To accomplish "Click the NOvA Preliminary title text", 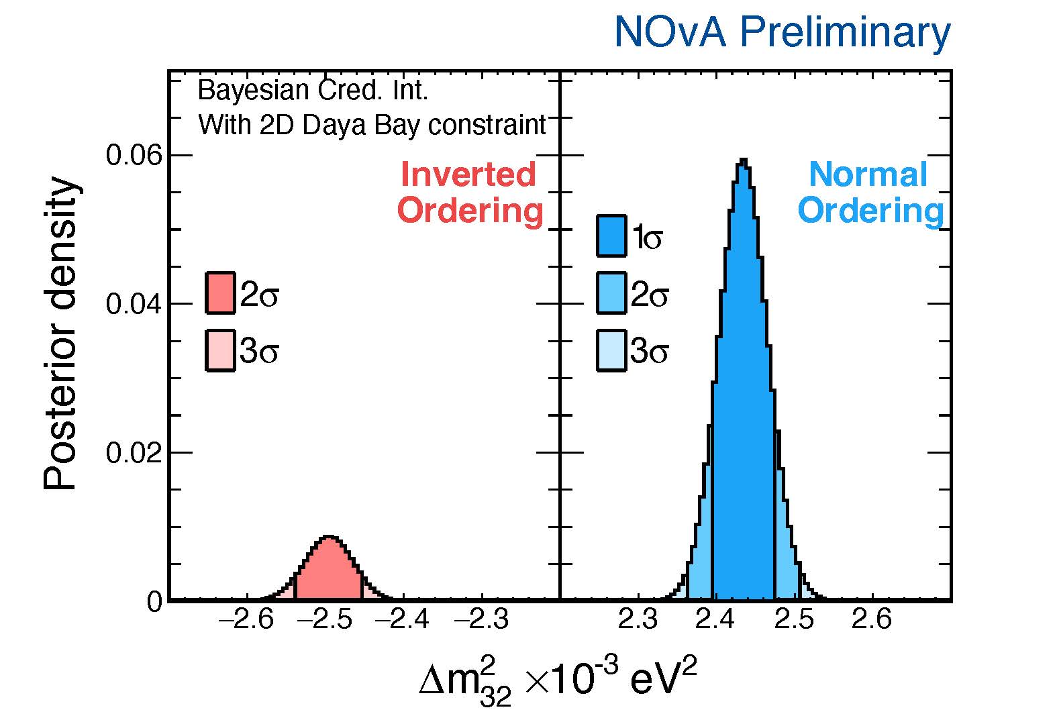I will tap(782, 32).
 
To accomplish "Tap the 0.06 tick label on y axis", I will tap(134, 156).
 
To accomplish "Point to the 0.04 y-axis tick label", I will tap(134, 305).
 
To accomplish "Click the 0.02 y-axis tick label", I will tap(134, 453).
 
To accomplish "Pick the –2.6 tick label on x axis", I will tap(246, 619).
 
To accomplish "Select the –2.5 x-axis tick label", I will tap(323, 619).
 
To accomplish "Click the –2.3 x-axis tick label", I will tap(481, 619).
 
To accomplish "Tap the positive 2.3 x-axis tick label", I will tap(638, 619).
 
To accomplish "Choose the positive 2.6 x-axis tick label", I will tap(871, 619).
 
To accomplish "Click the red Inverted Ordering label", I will tap(470, 193).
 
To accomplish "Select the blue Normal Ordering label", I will tap(870, 193).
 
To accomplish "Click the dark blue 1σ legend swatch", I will tap(611, 236).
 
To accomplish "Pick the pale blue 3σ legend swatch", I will tap(611, 350).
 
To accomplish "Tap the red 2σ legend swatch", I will tap(220, 293).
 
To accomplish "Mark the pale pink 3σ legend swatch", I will tap(220, 350).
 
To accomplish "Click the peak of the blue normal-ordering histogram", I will tap(743, 161).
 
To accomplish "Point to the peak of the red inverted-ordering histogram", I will tap(328, 538).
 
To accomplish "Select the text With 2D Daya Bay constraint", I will tap(372, 125).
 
